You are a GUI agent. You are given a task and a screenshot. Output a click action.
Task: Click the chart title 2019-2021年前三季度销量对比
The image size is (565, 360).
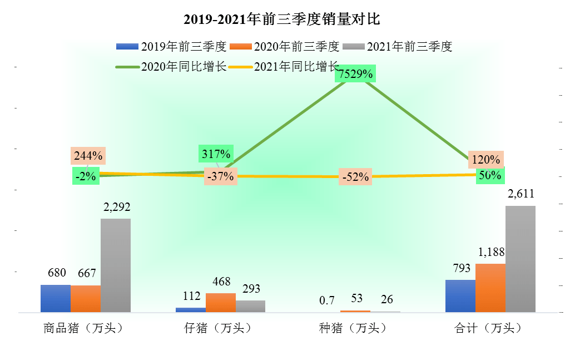click(x=282, y=19)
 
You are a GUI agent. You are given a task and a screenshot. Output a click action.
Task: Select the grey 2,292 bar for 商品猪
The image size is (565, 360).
click(x=116, y=265)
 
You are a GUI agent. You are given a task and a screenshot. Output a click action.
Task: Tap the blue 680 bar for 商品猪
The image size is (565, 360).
click(x=56, y=298)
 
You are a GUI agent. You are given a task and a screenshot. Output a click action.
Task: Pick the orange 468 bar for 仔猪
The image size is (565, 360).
click(x=221, y=302)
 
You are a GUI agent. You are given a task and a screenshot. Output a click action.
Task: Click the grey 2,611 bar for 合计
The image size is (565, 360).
click(x=521, y=259)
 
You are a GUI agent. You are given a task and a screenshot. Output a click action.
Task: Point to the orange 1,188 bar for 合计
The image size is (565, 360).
click(x=490, y=288)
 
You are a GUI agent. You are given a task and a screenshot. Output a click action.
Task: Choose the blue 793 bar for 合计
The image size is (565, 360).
click(x=460, y=295)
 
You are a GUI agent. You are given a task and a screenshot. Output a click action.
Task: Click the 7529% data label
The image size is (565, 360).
click(x=356, y=73)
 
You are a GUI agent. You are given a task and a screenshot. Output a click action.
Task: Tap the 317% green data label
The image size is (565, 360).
click(x=216, y=154)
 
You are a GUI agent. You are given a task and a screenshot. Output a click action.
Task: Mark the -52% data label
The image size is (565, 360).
click(x=356, y=177)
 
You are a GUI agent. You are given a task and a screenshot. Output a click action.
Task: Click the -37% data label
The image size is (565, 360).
click(x=220, y=176)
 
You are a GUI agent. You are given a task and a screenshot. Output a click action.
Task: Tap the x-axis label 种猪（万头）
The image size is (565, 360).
click(x=353, y=328)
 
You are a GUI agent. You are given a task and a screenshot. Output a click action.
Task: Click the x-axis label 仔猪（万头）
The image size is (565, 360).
click(x=217, y=328)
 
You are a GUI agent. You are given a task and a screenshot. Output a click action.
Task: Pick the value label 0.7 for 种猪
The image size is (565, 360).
click(x=327, y=300)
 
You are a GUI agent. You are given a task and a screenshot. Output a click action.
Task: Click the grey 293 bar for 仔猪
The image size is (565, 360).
click(x=250, y=306)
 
